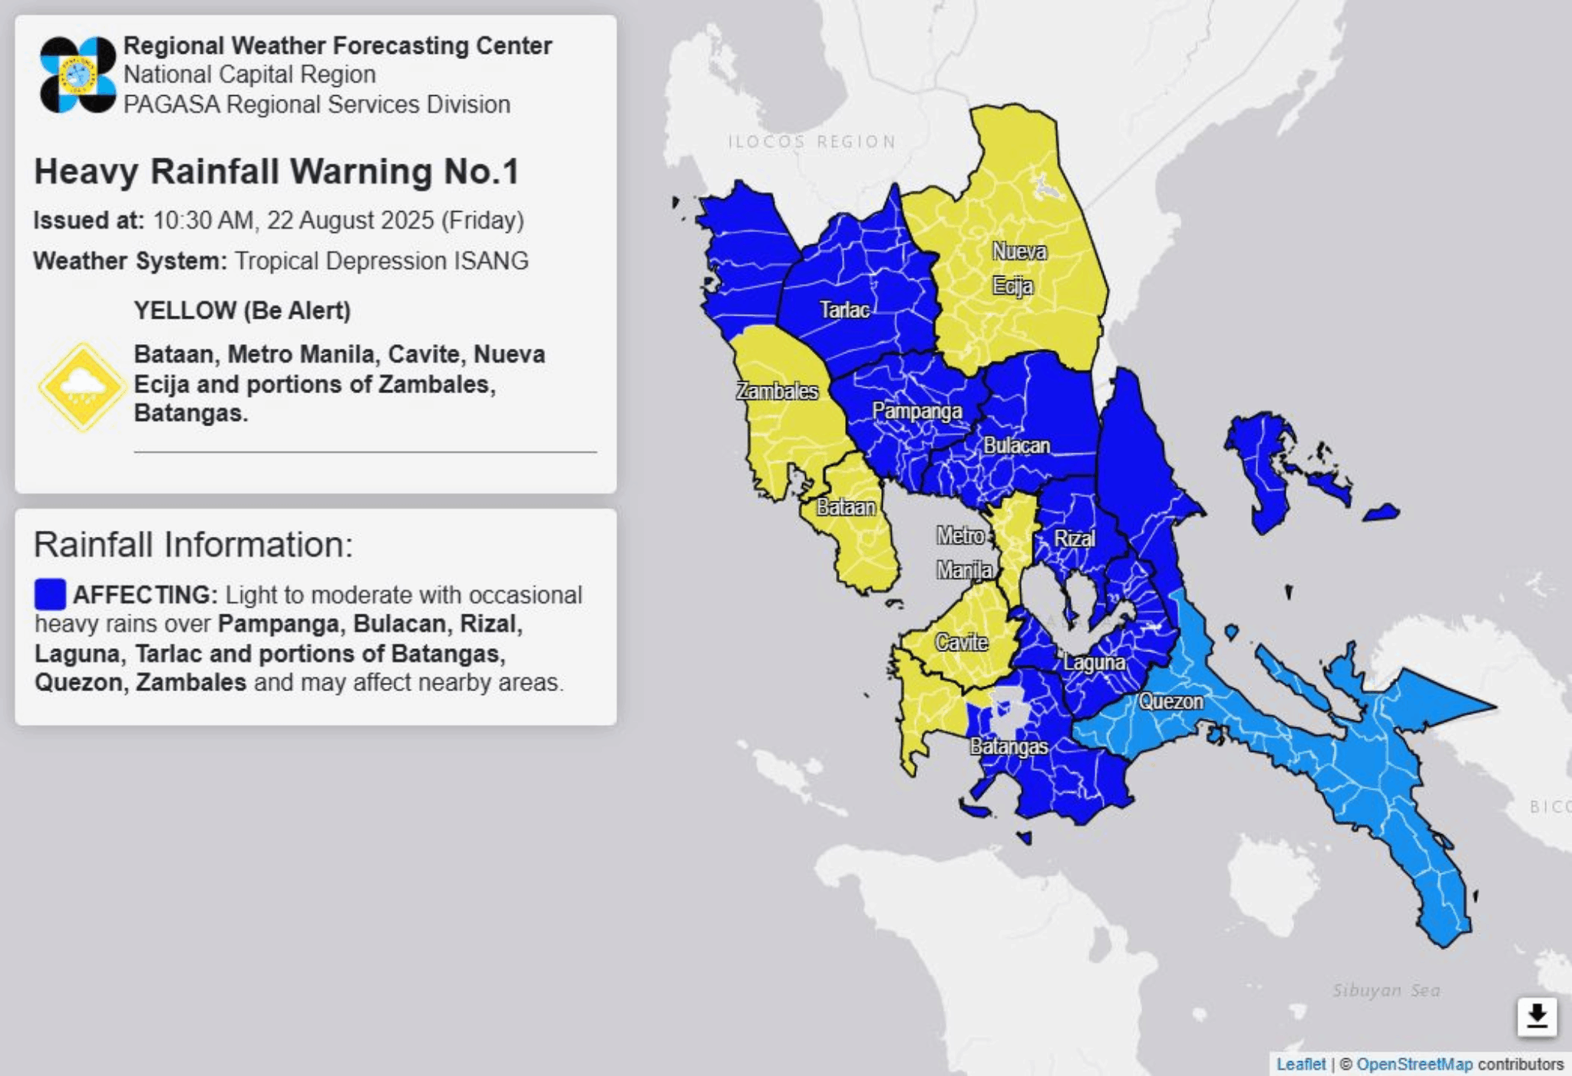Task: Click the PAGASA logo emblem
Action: [x=78, y=74]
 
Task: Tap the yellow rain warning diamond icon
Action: [x=81, y=386]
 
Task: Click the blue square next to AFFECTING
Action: [x=50, y=594]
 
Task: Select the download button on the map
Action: [x=1536, y=1016]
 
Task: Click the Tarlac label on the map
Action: [x=844, y=310]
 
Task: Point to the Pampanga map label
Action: [x=916, y=411]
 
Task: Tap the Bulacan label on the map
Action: [x=1016, y=445]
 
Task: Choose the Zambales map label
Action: [x=777, y=391]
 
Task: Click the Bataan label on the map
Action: [x=845, y=507]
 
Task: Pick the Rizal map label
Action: [x=1074, y=538]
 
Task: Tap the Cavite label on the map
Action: [x=961, y=642]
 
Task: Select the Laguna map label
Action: [x=1094, y=662]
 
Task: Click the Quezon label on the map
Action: [x=1171, y=700]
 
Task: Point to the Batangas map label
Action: [x=1009, y=747]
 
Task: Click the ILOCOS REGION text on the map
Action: [x=811, y=141]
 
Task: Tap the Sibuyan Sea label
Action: [x=1385, y=990]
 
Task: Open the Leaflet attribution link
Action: [x=1300, y=1064]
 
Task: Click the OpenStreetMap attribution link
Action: [x=1414, y=1064]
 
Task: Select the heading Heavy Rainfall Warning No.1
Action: [x=276, y=171]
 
